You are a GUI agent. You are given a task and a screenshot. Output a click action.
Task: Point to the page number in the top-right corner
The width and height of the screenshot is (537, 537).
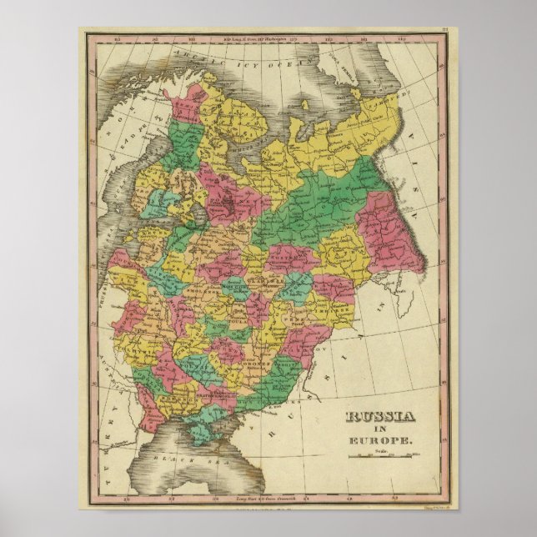(x=446, y=32)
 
